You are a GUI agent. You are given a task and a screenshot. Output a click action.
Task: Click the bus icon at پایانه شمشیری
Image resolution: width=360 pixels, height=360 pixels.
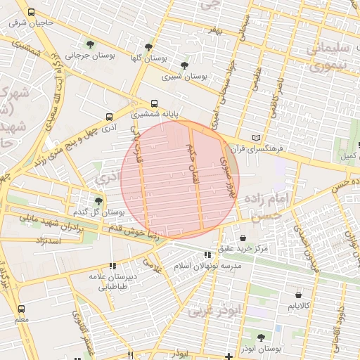click(x=155, y=103)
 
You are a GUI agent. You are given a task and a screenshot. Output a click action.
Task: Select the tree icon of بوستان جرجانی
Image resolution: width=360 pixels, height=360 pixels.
click(x=88, y=44)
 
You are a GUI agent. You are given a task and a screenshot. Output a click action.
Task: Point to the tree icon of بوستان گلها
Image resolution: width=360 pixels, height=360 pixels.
click(x=148, y=46)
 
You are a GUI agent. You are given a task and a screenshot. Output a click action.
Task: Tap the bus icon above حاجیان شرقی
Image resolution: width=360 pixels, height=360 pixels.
click(x=30, y=12)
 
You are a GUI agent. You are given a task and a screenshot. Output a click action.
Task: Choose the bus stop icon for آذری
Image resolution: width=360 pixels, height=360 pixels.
click(x=108, y=117)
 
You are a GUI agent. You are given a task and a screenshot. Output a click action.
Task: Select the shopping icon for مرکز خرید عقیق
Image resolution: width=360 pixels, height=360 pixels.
click(x=243, y=238)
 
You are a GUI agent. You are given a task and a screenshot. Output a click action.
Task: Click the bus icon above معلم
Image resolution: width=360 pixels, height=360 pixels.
click(x=21, y=309)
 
